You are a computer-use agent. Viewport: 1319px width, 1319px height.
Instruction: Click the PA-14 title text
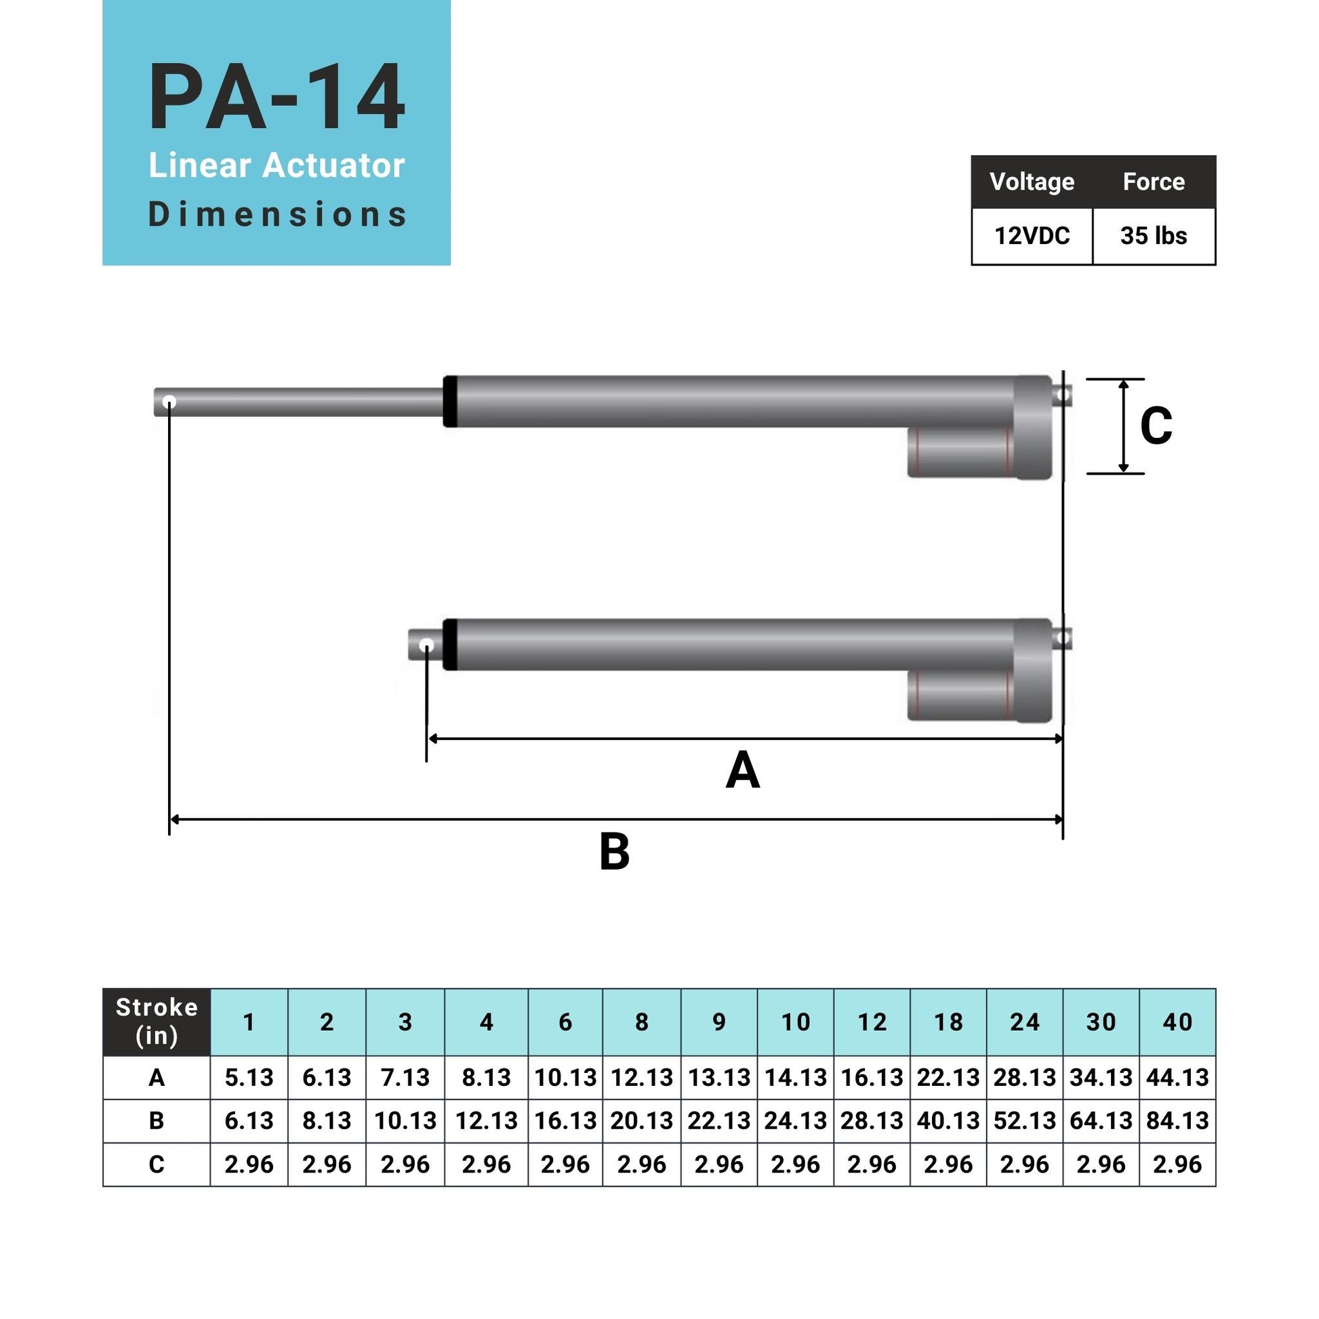click(x=277, y=98)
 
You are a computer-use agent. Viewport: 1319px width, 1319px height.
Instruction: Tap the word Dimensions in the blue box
click(x=277, y=214)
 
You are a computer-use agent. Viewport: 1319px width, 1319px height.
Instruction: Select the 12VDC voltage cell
click(x=1032, y=237)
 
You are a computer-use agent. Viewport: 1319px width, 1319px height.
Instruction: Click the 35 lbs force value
click(x=1153, y=237)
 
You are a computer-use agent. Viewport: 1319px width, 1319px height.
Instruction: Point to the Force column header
click(x=1153, y=182)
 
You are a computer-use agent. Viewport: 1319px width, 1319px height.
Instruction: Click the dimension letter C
click(x=1156, y=427)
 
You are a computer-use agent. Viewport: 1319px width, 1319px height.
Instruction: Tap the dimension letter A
click(x=742, y=771)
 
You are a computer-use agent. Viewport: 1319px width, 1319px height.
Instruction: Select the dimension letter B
click(x=614, y=852)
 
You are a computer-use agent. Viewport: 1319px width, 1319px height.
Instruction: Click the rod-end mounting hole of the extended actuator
click(x=169, y=402)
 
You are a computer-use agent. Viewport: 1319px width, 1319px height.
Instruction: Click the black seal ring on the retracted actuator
click(x=450, y=645)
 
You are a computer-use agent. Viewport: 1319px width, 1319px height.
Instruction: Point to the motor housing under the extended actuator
click(x=960, y=452)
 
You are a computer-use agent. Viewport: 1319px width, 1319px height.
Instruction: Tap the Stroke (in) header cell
click(x=157, y=1021)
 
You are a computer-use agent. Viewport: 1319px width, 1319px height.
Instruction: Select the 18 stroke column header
click(x=948, y=1022)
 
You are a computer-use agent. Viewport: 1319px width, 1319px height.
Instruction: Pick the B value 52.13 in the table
click(x=1024, y=1120)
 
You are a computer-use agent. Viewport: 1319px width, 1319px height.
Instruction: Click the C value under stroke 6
click(x=565, y=1164)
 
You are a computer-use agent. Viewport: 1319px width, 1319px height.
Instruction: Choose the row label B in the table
click(x=157, y=1120)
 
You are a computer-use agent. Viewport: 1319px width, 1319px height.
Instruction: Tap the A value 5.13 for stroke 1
click(x=249, y=1077)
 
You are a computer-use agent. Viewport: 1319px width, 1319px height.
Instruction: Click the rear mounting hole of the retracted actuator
click(x=1062, y=638)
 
